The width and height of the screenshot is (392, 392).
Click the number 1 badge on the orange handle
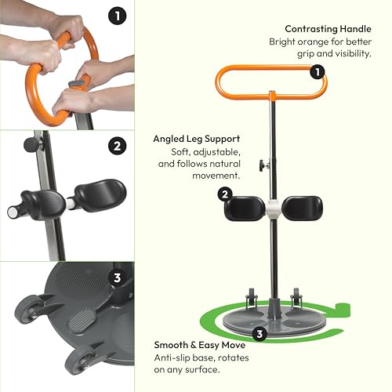(318, 72)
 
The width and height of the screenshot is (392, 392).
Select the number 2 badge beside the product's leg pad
(225, 194)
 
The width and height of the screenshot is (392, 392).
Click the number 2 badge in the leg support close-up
(117, 145)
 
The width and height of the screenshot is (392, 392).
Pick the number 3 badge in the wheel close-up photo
(117, 276)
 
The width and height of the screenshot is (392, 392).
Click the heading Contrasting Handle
(328, 28)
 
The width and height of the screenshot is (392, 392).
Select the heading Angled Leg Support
(196, 138)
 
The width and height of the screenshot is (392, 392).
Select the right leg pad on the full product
(302, 208)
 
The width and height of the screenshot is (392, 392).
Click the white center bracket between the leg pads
(271, 208)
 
